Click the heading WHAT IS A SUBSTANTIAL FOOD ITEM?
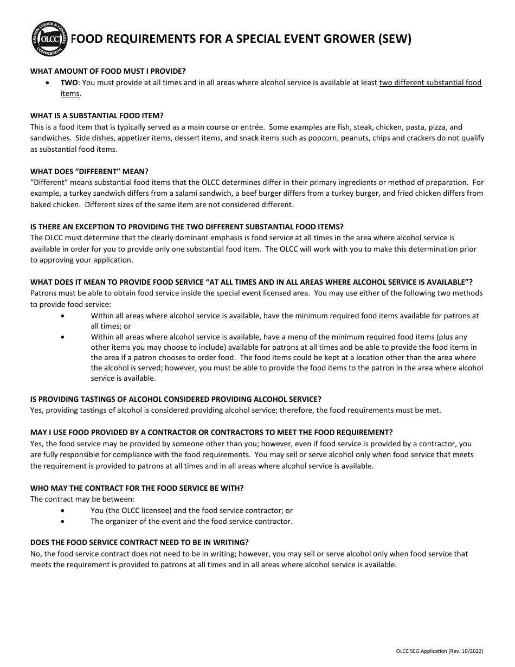coord(96,116)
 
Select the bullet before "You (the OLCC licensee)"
coord(65,510)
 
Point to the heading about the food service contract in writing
coord(139,542)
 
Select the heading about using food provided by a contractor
coord(211,432)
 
